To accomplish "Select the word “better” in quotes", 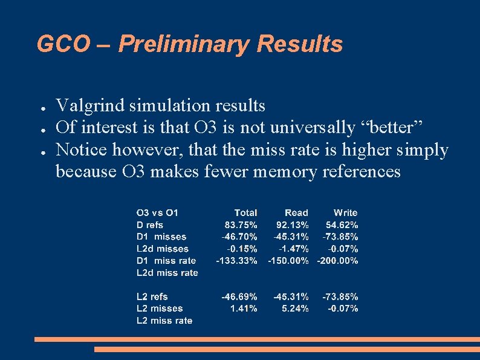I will (400, 128).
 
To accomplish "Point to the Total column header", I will (245, 213).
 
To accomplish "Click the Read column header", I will (296, 213).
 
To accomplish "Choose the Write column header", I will (345, 213).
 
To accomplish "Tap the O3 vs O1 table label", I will (157, 213).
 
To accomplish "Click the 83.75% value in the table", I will (241, 225).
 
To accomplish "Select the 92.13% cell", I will (292, 225).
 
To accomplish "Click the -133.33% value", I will (237, 261).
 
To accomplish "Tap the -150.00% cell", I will (288, 261).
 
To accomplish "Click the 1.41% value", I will (244, 309).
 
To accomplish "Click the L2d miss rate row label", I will (167, 273).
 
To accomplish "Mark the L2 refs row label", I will (152, 296).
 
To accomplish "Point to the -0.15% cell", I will (242, 249).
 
